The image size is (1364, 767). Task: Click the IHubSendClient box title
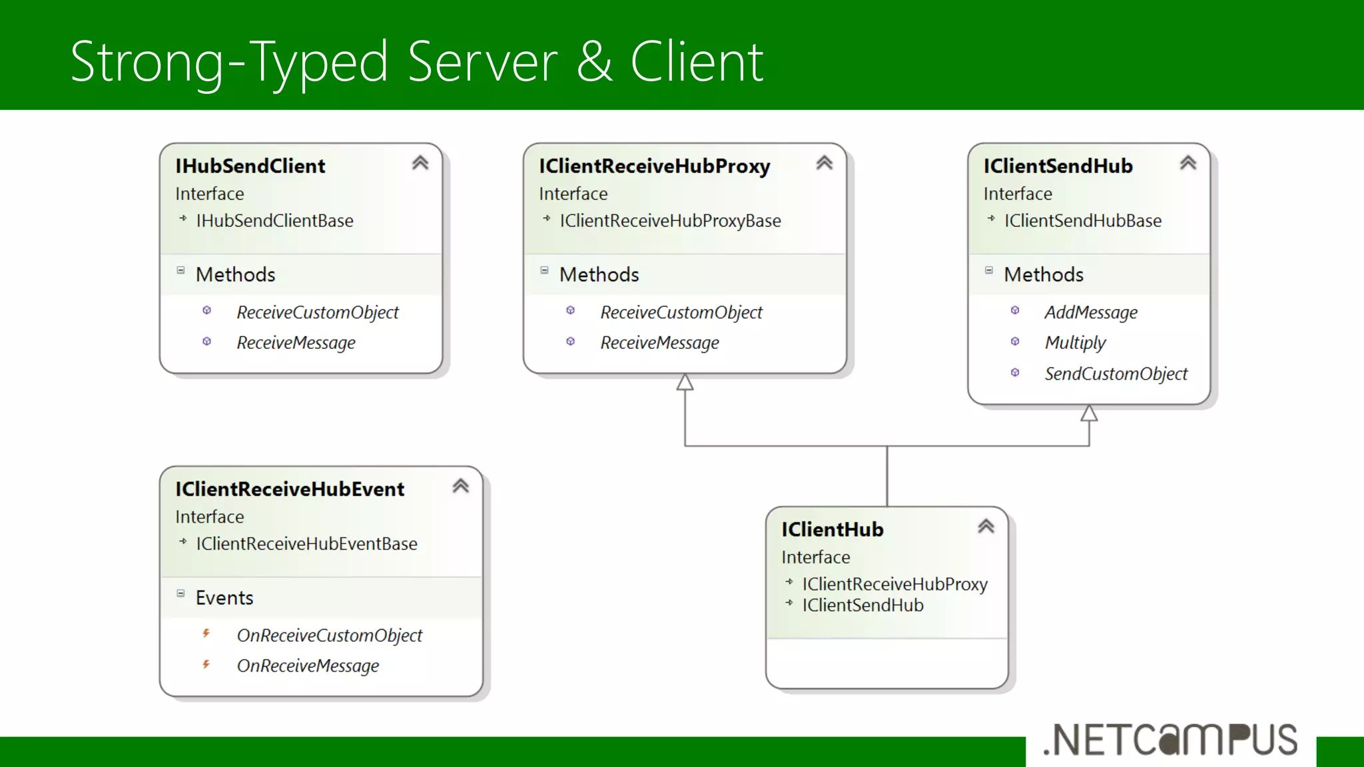point(250,166)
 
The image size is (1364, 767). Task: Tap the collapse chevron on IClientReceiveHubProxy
point(824,163)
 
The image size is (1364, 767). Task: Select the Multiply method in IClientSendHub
point(1074,342)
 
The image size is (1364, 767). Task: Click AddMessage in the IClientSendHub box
point(1090,312)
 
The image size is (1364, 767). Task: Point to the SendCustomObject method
point(1116,374)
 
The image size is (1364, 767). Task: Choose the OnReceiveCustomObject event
point(329,635)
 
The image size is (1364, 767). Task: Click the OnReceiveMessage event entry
point(308,666)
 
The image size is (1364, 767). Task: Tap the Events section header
point(224,597)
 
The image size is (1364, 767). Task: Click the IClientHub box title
point(833,529)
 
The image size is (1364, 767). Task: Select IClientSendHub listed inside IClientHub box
point(862,605)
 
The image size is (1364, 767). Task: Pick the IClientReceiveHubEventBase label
point(306,544)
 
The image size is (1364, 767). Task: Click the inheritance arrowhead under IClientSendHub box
point(1089,413)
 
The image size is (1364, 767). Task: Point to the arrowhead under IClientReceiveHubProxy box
point(685,383)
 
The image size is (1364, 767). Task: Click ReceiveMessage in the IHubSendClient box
point(296,342)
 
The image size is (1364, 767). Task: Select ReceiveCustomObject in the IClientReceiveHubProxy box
point(681,312)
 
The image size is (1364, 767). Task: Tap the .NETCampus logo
point(1170,740)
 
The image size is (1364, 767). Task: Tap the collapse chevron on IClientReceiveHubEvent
point(460,486)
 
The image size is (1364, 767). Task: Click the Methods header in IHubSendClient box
point(235,274)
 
